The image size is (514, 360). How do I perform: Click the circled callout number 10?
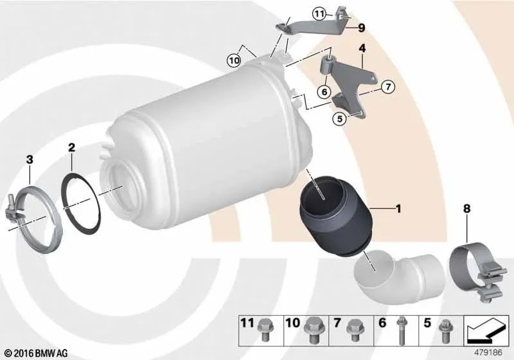point(234,60)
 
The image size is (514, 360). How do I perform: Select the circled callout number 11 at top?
point(319,14)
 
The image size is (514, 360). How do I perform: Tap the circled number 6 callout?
point(324,91)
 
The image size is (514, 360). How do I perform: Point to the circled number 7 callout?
point(388,87)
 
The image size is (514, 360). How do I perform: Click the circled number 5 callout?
point(340,118)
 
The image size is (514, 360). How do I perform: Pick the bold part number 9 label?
point(361,28)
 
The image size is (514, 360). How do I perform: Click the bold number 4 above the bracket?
point(362,48)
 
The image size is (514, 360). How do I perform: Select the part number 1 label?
point(398,208)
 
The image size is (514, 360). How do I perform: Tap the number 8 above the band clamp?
point(467,208)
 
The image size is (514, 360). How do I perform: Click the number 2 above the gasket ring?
point(71,148)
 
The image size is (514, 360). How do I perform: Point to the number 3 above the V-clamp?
point(30,159)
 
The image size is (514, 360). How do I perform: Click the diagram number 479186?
point(488,353)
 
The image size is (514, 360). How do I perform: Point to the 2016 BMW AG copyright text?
point(37,353)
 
